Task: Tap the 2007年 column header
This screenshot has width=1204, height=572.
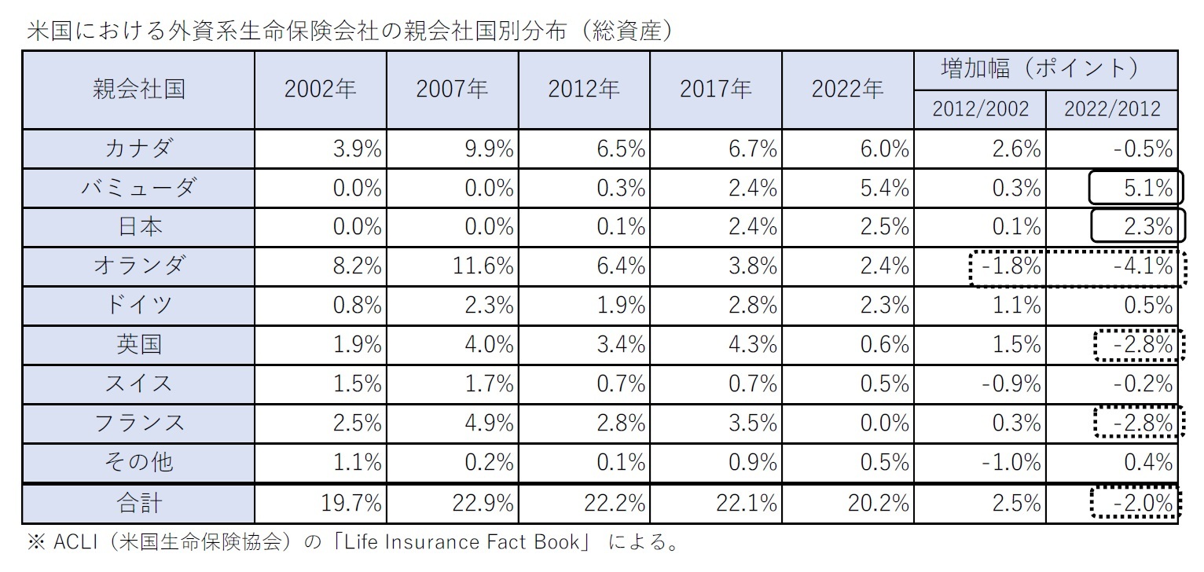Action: (452, 90)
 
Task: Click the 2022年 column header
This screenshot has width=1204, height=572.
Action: (847, 90)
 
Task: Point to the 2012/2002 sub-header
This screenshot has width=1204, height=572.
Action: (980, 108)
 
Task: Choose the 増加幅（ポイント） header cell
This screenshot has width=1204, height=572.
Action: (1045, 69)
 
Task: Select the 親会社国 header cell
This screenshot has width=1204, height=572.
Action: (138, 89)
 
